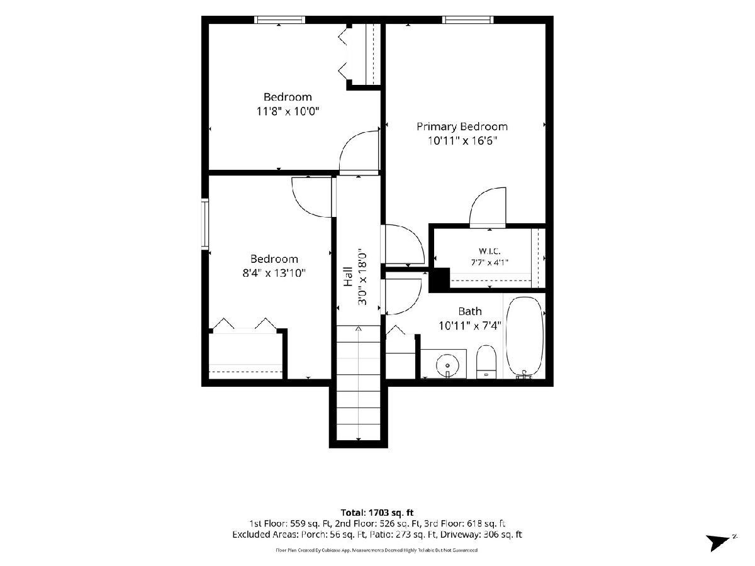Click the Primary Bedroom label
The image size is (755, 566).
pos(462,126)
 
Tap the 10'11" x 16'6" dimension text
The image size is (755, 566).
pos(462,140)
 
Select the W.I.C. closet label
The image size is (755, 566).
pos(489,251)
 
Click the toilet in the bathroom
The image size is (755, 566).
pos(486,362)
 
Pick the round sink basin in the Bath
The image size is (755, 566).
pos(447,365)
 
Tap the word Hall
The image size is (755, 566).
pos(349,277)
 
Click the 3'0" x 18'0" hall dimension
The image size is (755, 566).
pos(362,277)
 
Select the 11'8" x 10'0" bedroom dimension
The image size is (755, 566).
pos(288,111)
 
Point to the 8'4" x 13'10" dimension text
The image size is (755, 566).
pos(274,273)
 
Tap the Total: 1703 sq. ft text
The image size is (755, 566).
pos(377,513)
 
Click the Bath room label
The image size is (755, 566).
pos(469,311)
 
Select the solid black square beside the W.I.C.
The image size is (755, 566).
pos(440,279)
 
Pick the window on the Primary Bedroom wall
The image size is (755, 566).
pos(468,19)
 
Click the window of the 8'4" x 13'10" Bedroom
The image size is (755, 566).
pos(205,224)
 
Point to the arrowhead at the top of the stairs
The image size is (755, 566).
pos(359,329)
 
